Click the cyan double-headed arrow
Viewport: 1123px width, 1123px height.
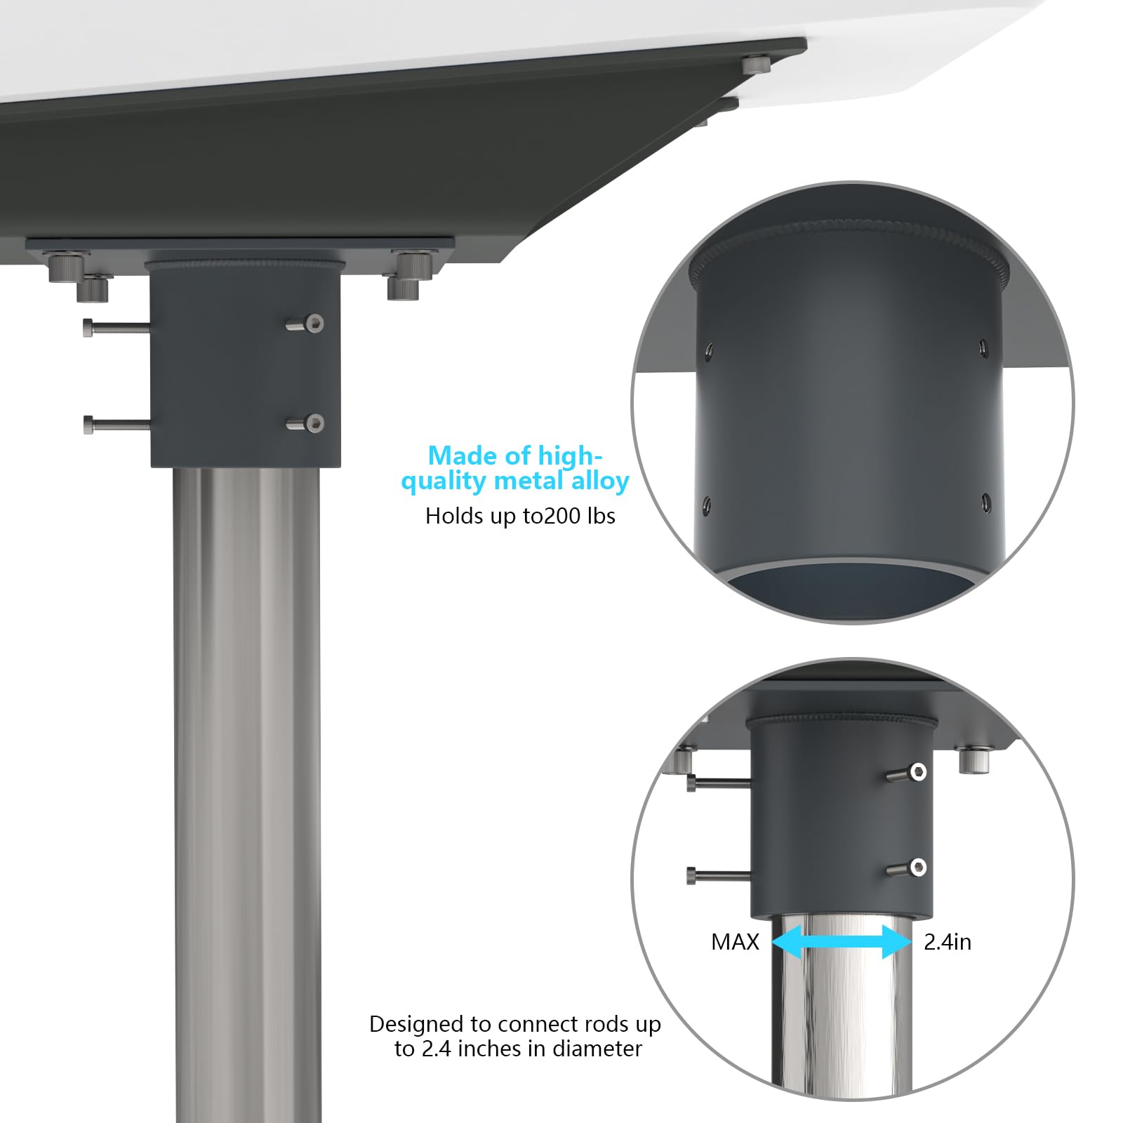coord(842,941)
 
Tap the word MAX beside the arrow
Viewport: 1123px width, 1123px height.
coord(735,942)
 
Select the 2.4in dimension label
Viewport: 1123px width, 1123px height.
coord(948,942)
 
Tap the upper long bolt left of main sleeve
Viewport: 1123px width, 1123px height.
coord(117,327)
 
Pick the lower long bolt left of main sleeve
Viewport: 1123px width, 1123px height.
coord(117,425)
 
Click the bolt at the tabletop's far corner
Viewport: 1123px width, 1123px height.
coord(756,65)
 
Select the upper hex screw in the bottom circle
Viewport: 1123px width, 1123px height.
coord(907,773)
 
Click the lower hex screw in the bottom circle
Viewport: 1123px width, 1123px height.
coord(907,868)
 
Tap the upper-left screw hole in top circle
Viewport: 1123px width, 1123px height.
coord(709,349)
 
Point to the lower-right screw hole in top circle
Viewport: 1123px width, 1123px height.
coord(986,502)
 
